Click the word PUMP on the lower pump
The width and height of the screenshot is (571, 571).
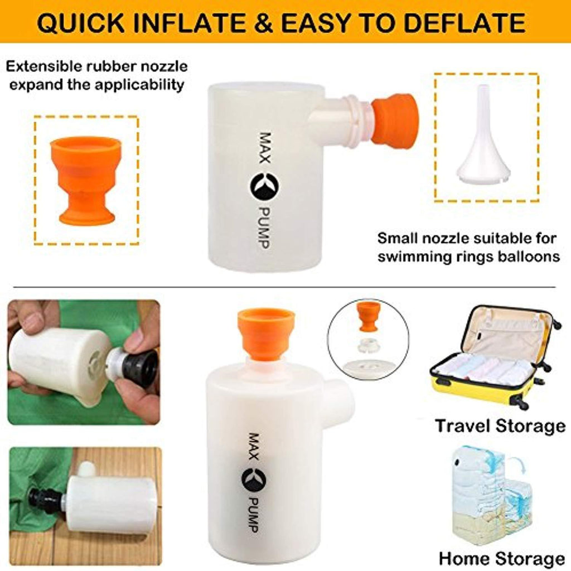tap(254, 517)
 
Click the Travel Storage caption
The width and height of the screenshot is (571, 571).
tap(500, 425)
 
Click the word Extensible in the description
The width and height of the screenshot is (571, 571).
tap(43, 66)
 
